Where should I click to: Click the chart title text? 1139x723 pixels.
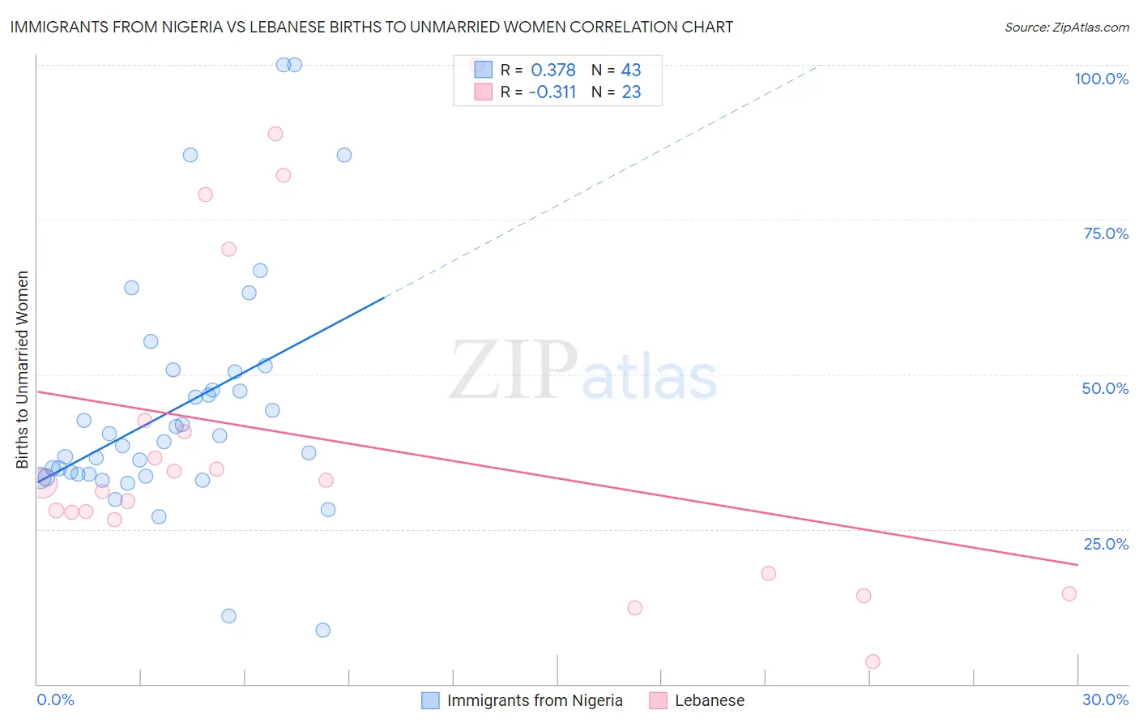(372, 27)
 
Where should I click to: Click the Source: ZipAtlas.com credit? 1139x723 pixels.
(1066, 27)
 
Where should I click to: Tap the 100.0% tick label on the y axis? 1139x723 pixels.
(1101, 79)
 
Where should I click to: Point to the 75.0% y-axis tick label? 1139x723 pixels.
(1106, 233)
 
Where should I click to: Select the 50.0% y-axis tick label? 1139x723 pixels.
(1105, 388)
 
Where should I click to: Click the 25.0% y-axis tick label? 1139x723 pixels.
(1106, 544)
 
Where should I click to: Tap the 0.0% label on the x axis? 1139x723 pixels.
(55, 699)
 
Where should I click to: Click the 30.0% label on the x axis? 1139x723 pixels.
(1105, 699)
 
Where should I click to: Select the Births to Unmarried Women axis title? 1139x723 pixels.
(22, 370)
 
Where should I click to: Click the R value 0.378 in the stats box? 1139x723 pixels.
(553, 71)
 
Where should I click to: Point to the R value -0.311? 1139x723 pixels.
(552, 92)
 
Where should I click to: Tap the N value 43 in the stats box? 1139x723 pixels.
(631, 71)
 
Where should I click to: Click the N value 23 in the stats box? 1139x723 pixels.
(631, 92)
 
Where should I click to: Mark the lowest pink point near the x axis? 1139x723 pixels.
(872, 661)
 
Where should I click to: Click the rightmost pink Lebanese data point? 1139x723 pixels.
(1069, 593)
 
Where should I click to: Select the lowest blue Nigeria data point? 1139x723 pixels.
(322, 630)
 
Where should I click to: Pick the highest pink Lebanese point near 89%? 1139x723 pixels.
(275, 134)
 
